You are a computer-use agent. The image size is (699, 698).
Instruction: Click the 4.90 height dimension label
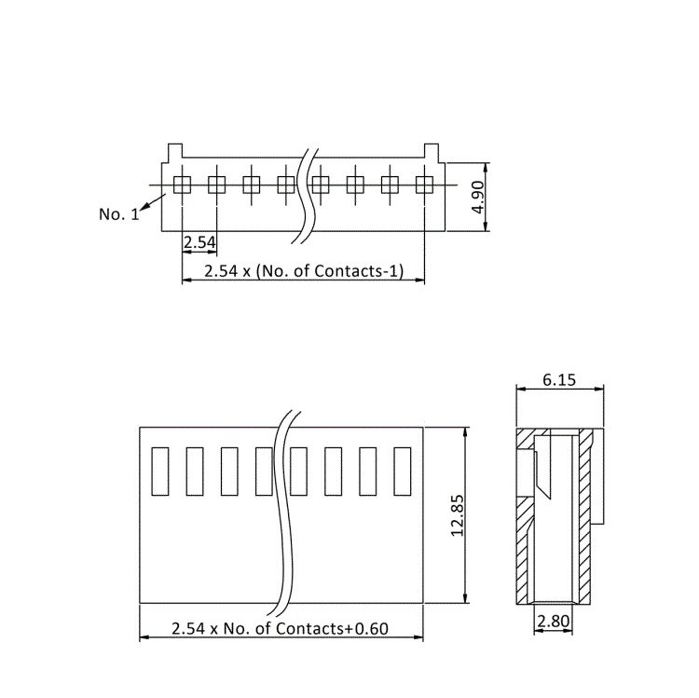[x=478, y=197]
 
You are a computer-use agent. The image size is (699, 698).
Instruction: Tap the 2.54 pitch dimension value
[x=199, y=242]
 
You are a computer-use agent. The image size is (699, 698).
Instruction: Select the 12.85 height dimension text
[x=458, y=515]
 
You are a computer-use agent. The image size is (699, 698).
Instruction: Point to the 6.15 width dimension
[x=559, y=380]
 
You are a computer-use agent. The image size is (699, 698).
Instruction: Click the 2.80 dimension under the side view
[x=554, y=621]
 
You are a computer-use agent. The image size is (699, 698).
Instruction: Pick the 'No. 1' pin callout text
[x=119, y=214]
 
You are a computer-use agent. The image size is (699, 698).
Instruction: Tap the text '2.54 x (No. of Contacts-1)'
[x=304, y=270]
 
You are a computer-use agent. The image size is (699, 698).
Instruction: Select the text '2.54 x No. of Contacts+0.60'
[x=280, y=628]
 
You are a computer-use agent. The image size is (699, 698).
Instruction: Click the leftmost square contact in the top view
[x=182, y=185]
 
